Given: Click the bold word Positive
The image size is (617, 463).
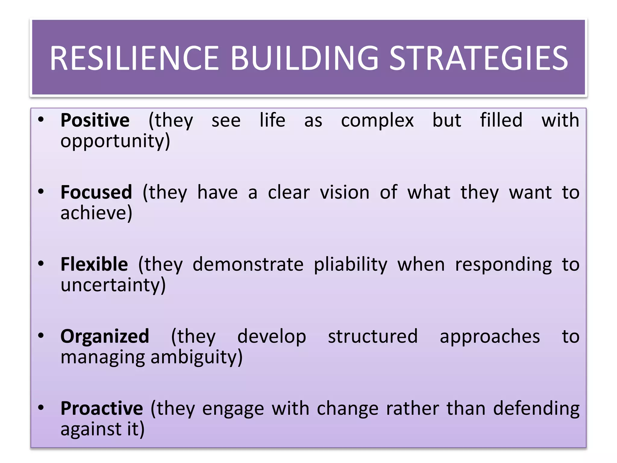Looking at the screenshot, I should click(95, 120).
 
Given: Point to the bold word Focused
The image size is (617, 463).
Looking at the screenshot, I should click(96, 192).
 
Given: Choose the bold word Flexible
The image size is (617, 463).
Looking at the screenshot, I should click(94, 264).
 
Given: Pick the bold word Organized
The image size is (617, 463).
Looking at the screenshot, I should click(105, 336).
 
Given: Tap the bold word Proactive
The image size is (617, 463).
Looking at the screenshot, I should click(102, 408).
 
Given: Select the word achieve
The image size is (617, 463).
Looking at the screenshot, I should click(96, 213).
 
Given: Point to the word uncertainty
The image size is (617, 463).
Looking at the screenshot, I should click(113, 285).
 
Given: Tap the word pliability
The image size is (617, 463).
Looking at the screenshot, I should click(350, 265).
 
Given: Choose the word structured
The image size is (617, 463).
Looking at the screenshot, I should click(373, 336).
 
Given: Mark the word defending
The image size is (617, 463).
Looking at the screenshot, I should click(536, 408).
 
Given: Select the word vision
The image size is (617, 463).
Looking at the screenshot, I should click(344, 192).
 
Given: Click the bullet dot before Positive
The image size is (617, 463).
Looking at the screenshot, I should click(41, 120).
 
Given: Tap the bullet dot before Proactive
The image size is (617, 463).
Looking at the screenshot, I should click(41, 408).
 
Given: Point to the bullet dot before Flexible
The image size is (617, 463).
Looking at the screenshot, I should click(41, 264).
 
